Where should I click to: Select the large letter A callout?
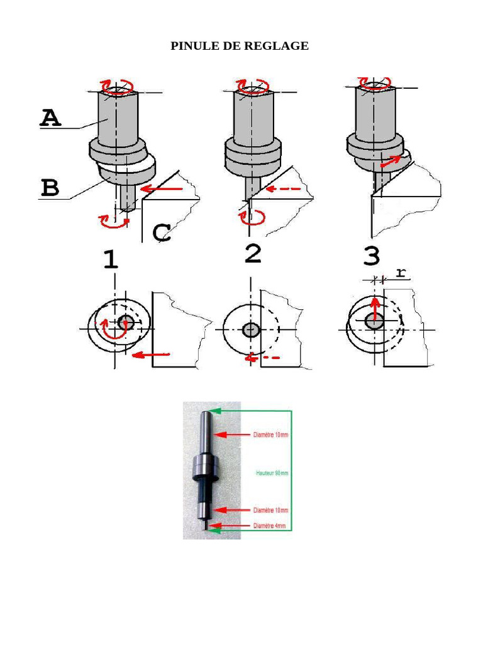tap(50, 118)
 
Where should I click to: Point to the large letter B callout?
tap(50, 188)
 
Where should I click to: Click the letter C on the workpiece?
tap(162, 232)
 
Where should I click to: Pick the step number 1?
tap(111, 260)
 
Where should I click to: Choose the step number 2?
tap(253, 253)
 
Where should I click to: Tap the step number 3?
tap(372, 256)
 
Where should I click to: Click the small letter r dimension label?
tap(401, 272)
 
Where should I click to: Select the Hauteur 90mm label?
tap(272, 473)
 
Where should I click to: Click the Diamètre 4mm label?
tap(269, 526)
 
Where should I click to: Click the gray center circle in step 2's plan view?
tap(251, 329)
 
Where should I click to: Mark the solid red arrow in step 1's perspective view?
tap(162, 189)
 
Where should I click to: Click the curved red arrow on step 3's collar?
tap(391, 161)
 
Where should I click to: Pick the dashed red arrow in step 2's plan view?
tap(262, 358)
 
